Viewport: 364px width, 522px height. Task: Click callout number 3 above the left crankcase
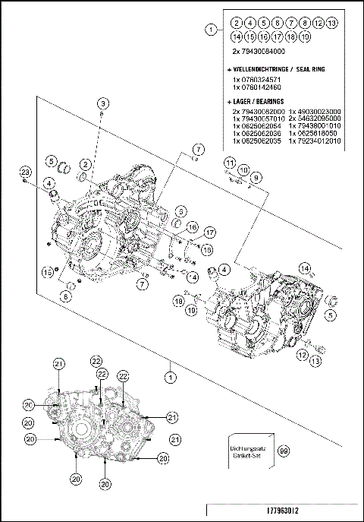click(102, 103)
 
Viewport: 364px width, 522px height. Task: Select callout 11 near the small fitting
click(228, 163)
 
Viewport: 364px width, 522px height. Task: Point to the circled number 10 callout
click(244, 169)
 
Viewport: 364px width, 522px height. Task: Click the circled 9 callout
click(256, 177)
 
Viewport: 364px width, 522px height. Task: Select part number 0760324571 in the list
click(257, 78)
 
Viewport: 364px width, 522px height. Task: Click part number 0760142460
click(257, 87)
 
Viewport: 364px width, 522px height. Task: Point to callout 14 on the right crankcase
click(305, 268)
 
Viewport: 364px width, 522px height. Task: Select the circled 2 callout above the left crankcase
click(87, 163)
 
